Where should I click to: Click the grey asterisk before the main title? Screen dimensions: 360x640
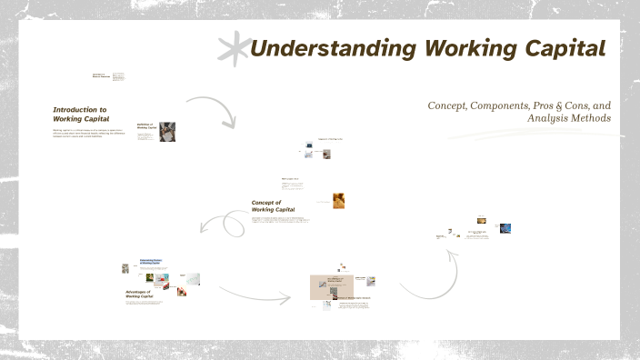coord(234,48)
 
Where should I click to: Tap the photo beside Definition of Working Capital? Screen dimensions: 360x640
coord(167,132)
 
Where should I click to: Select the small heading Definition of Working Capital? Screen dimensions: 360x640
coord(146,126)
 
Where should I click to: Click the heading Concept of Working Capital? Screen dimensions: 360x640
coord(273,205)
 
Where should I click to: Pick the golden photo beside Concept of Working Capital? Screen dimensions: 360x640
coord(338,199)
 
